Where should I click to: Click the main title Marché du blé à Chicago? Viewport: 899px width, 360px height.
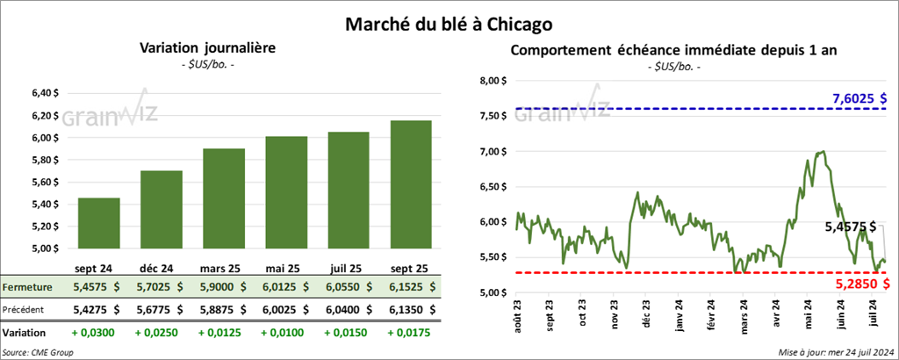coord(449,19)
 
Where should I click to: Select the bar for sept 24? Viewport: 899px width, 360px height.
coord(99,224)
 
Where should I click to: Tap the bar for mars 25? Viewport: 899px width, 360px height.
coord(224,199)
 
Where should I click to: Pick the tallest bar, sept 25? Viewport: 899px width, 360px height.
coord(411,184)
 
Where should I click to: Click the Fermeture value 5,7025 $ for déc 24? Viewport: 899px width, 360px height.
coord(162,286)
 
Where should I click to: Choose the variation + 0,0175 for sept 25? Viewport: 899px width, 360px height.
coord(411,333)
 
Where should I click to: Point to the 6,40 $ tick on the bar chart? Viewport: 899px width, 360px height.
coord(46,93)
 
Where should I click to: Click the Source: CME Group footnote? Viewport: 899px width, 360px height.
coord(39,351)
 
